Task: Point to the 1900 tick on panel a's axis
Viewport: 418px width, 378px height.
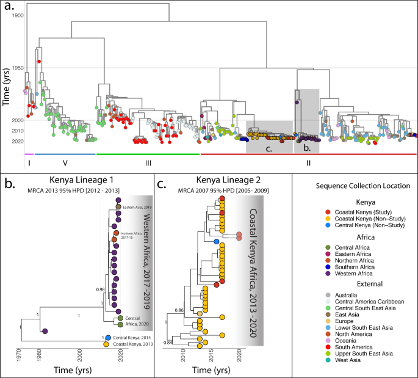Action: point(18,14)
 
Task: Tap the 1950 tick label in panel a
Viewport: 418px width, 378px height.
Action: point(18,68)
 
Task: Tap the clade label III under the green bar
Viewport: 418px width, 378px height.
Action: point(148,164)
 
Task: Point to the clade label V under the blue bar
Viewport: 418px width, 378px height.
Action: point(65,164)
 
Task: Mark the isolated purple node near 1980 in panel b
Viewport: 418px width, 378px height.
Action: point(44,330)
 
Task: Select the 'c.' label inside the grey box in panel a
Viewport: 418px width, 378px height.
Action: point(268,148)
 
